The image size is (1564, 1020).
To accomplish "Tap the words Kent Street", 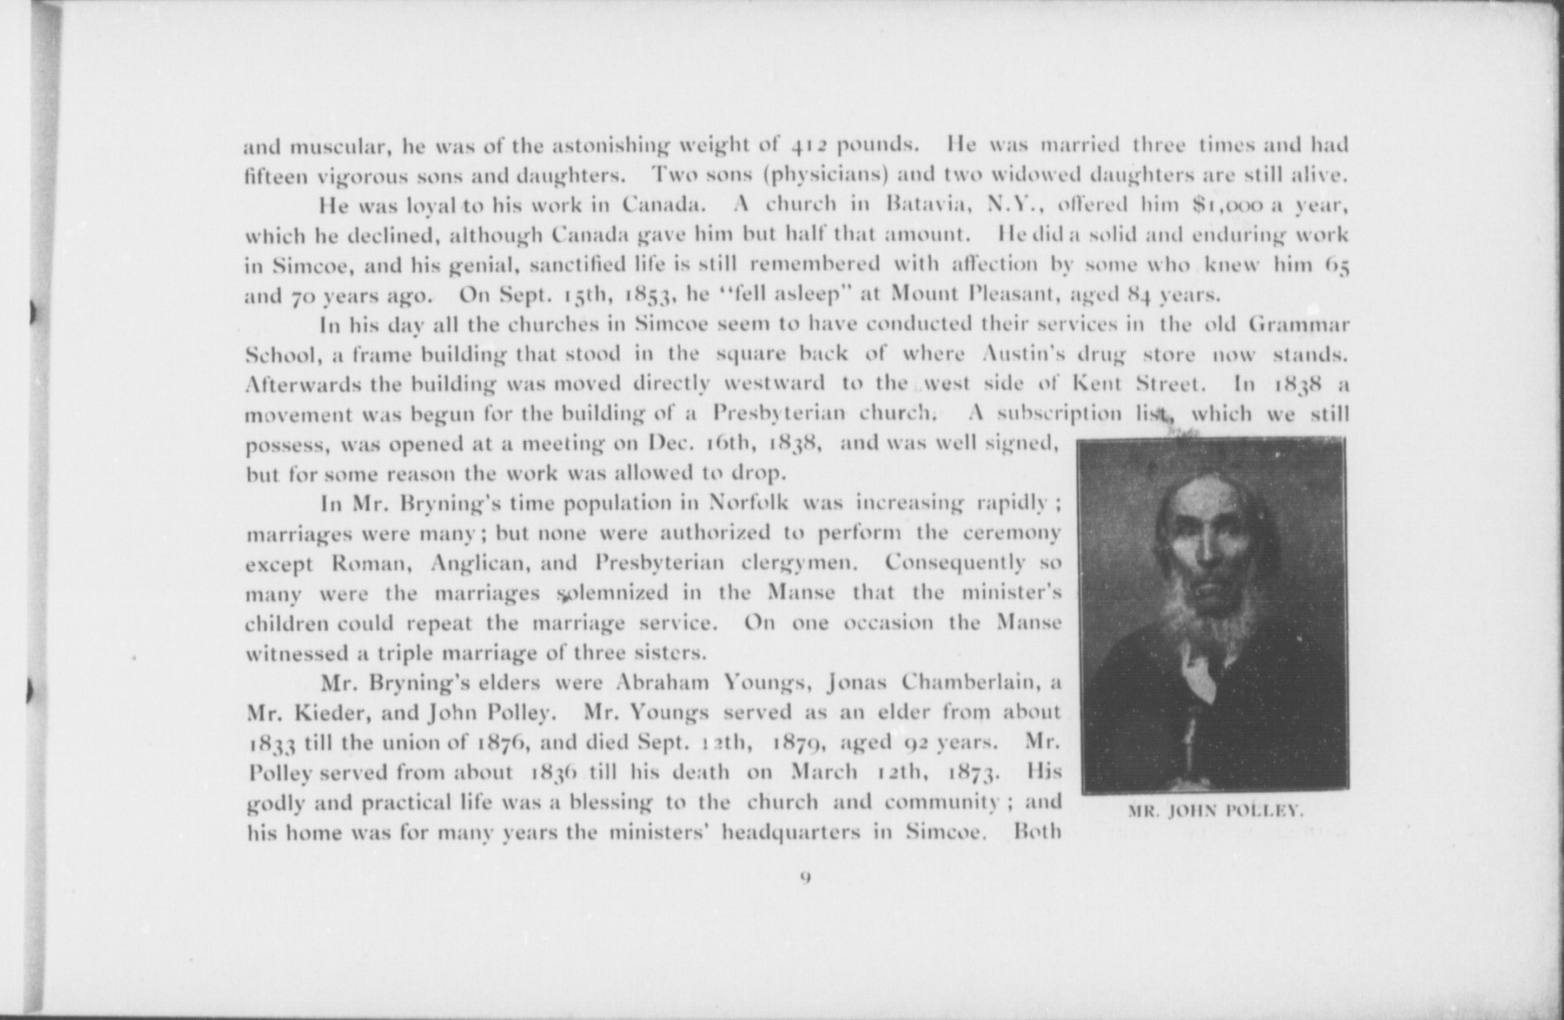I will pyautogui.click(x=1141, y=383).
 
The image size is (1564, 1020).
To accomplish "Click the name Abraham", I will pyautogui.click(x=663, y=683).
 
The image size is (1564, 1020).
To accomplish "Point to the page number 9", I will pyautogui.click(x=804, y=878).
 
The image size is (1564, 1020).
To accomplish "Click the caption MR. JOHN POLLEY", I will pyautogui.click(x=1215, y=811).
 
